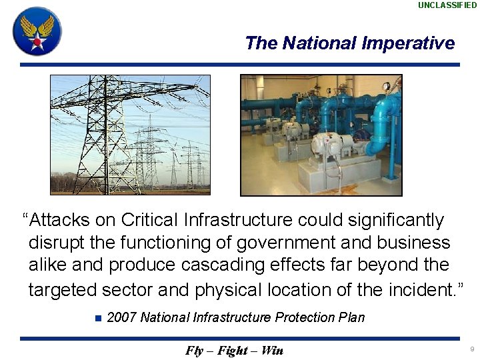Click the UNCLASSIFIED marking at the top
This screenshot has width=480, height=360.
[x=447, y=5]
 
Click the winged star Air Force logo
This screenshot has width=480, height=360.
[x=37, y=31]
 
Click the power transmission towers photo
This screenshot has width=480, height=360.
[x=130, y=135]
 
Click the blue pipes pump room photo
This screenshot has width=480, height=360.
[x=321, y=135]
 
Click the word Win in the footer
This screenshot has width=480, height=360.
[x=272, y=351]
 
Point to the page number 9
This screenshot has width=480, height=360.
[x=472, y=349]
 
